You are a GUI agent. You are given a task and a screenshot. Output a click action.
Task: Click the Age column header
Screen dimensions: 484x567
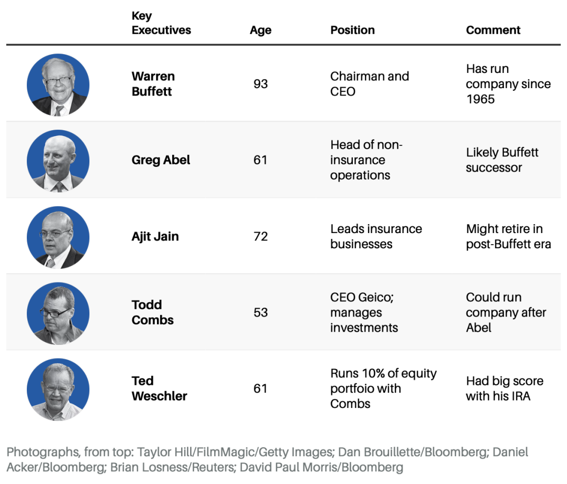point(260,30)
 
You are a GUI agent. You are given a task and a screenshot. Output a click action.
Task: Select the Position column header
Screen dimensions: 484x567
point(352,30)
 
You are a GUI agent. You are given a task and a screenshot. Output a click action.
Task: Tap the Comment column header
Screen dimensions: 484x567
point(493,30)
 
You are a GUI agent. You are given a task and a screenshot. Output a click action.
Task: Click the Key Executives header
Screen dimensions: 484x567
point(161,23)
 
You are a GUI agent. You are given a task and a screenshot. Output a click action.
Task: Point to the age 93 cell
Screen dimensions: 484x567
point(260,84)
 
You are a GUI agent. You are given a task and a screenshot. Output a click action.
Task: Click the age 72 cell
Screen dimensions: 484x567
point(260,236)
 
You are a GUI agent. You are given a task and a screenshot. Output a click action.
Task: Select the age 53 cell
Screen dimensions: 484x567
point(260,312)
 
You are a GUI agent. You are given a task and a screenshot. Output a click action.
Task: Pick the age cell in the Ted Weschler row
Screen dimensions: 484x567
point(260,388)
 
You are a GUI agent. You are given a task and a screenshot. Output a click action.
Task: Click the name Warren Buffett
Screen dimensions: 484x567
point(153,84)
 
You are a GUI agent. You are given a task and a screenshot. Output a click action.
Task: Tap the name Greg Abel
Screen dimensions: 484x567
point(161,160)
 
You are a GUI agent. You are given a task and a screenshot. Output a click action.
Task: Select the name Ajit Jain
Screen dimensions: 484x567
point(155,236)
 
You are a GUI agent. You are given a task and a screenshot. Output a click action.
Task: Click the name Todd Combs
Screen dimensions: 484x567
point(152,312)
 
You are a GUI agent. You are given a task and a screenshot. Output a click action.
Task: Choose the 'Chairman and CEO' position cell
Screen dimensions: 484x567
point(369,84)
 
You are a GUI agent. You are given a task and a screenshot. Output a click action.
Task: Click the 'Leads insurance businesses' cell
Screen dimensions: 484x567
point(376,236)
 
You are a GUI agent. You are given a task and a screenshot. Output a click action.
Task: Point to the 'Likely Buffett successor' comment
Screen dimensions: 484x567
point(502,160)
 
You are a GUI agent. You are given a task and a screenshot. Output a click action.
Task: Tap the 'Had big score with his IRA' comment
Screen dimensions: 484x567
point(504,388)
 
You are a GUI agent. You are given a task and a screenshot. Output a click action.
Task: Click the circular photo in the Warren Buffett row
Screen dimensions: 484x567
point(58,85)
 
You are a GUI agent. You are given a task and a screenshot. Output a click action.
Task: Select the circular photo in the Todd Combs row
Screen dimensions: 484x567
point(58,313)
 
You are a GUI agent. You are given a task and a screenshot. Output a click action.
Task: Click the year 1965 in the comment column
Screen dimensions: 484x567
point(480,99)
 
